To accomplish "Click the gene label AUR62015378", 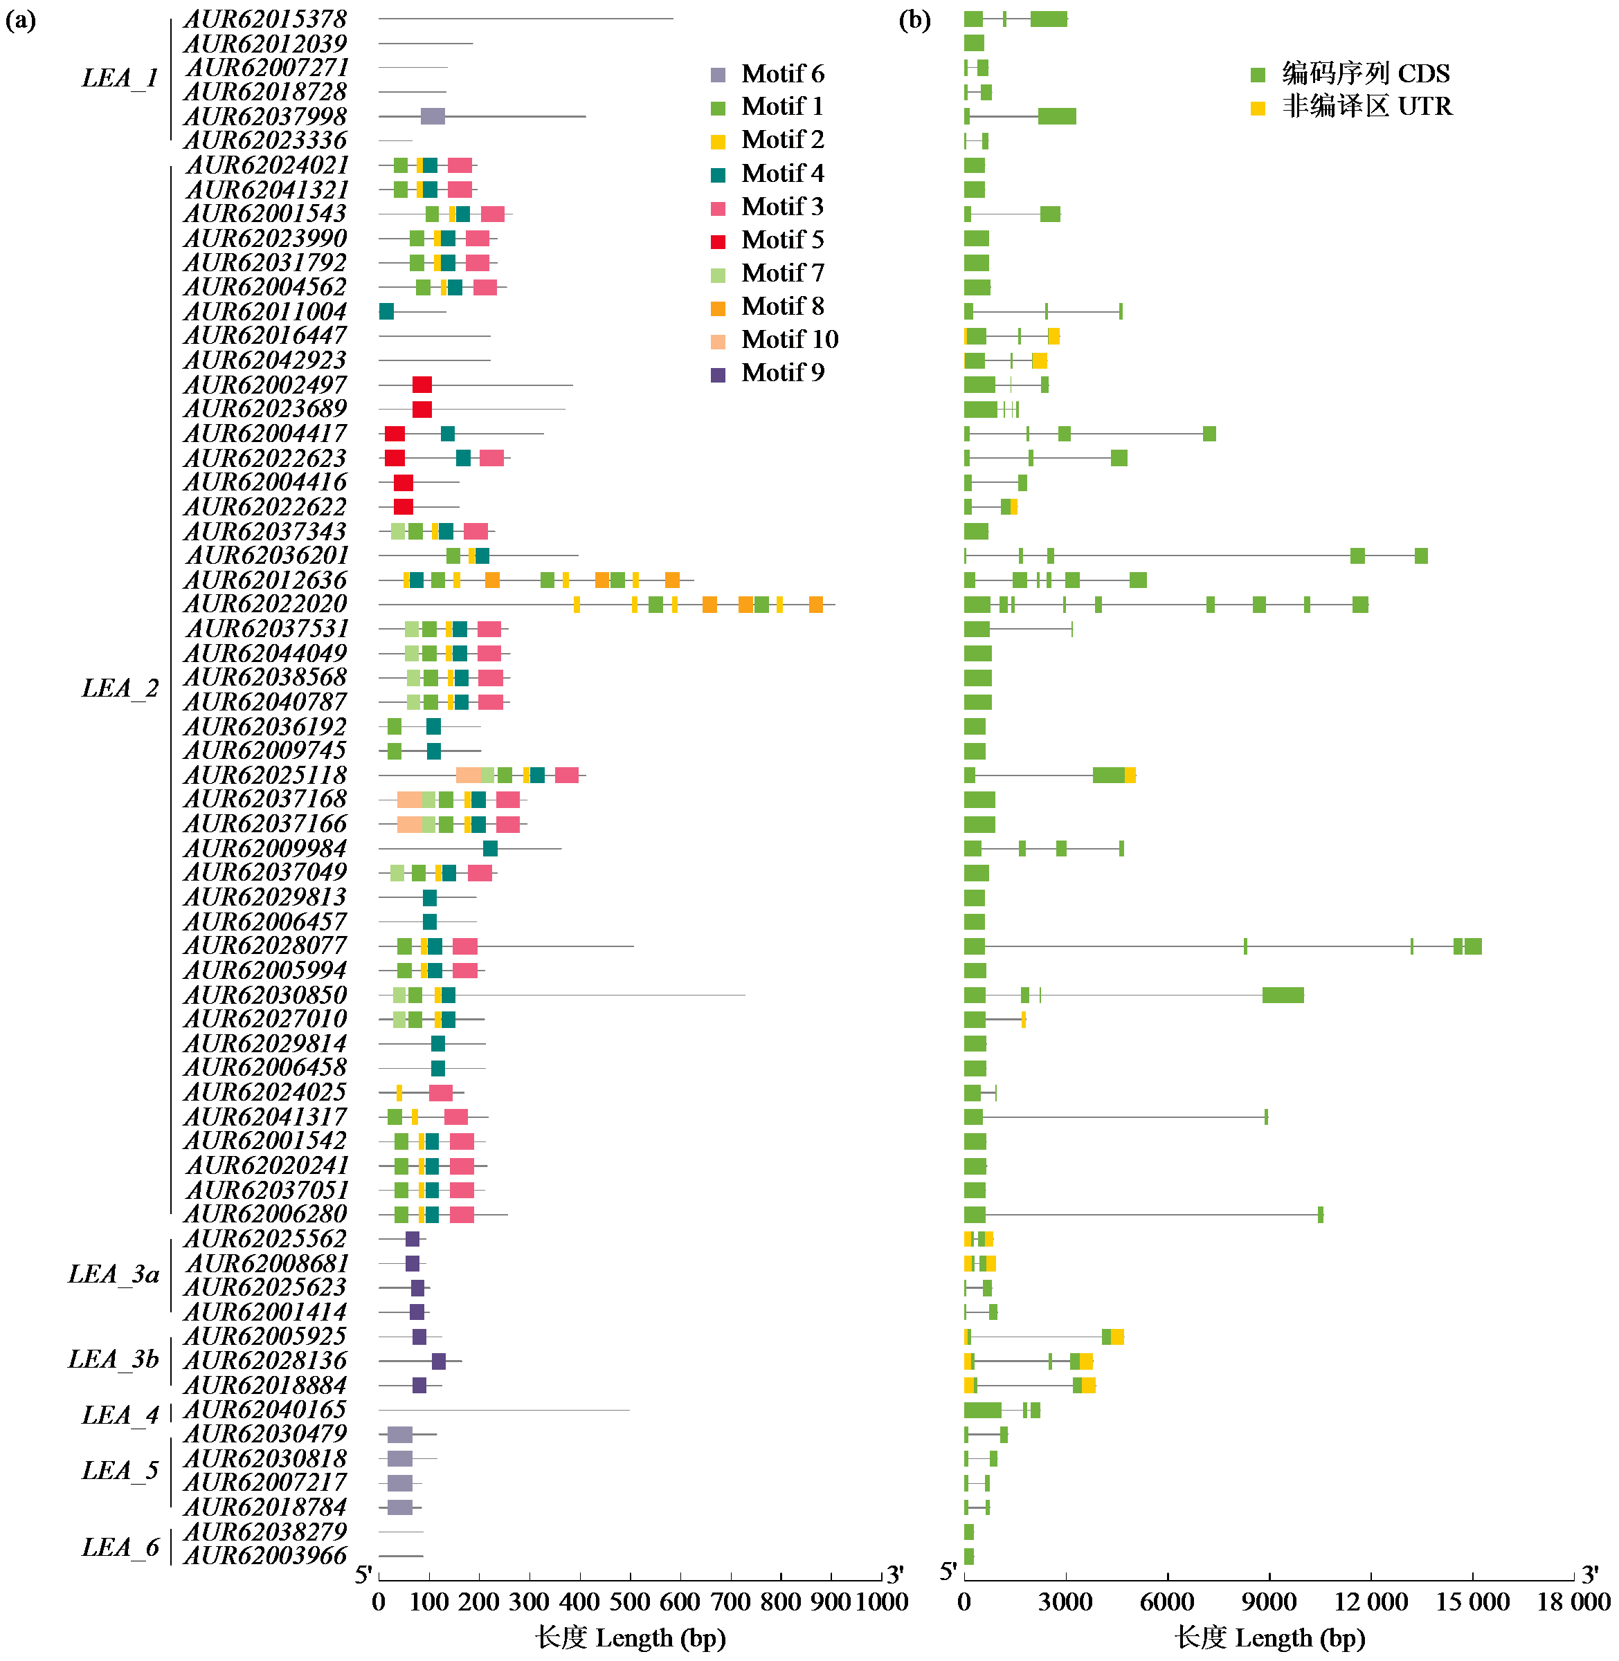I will [265, 19].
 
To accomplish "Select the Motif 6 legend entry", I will [767, 74].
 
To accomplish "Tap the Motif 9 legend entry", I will [767, 373].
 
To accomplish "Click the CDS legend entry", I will [1350, 74].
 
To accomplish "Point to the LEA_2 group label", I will [120, 688].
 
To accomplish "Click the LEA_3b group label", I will [113, 1359].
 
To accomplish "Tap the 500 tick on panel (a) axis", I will [630, 1602].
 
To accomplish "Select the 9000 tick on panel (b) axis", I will [1269, 1602].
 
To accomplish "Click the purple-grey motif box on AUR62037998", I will [433, 116].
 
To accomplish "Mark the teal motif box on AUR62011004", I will [387, 312].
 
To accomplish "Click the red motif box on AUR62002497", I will [422, 385].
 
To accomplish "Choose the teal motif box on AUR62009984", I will [491, 848].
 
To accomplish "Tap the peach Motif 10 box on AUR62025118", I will [468, 776].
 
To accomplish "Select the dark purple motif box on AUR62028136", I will [439, 1361].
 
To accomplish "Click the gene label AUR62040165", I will [265, 1411].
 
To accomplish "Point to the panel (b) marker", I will [914, 19].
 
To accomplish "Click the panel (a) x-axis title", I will [630, 1638].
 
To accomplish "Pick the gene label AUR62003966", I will [265, 1557].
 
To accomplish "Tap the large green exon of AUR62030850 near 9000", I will [1283, 995].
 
